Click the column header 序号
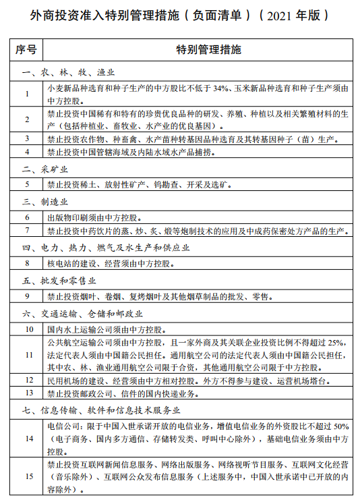click(x=28, y=50)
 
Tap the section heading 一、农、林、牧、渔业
click(x=67, y=72)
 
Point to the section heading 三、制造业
click(x=44, y=201)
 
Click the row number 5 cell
click(x=28, y=184)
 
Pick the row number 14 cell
click(x=28, y=438)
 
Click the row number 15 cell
click(x=28, y=477)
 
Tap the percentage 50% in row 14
click(x=340, y=426)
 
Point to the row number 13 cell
click(x=28, y=393)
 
